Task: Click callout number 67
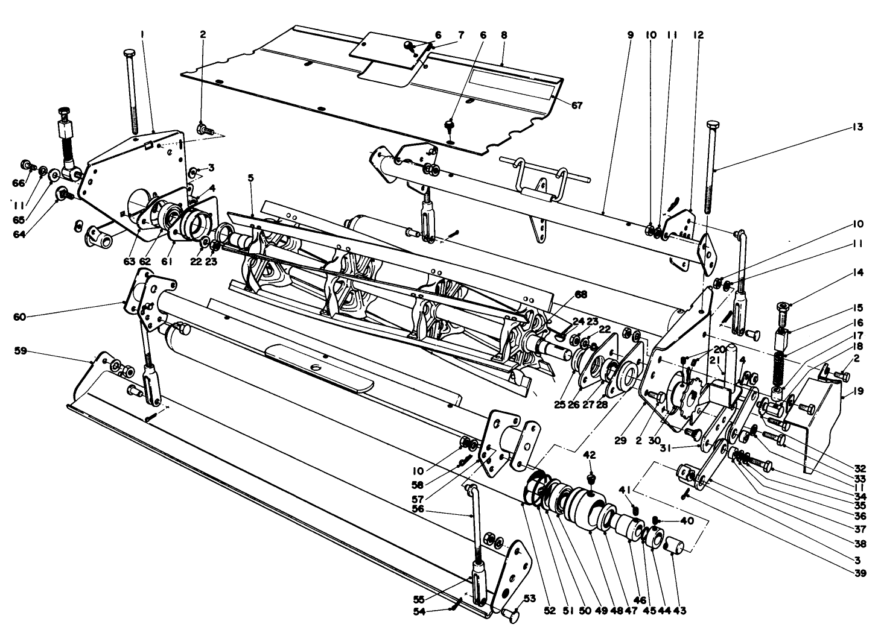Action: click(x=577, y=105)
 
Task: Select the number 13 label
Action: click(x=857, y=127)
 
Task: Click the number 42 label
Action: click(x=590, y=455)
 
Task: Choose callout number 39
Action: click(x=859, y=573)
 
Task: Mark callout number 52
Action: click(x=549, y=611)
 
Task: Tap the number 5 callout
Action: click(x=250, y=178)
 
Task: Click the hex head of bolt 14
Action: click(x=782, y=309)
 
